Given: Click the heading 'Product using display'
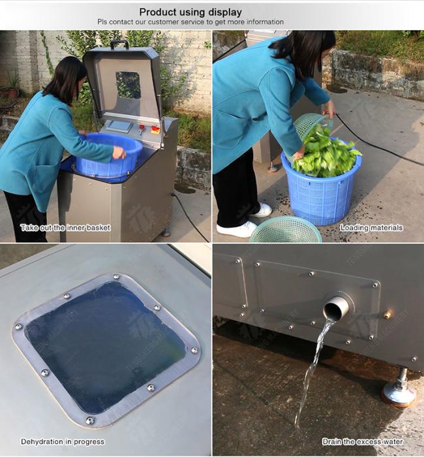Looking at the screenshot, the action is click(x=190, y=12).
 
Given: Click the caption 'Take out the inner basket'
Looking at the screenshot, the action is click(x=65, y=228).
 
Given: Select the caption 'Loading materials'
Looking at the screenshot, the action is click(x=372, y=228).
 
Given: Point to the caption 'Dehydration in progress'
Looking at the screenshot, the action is click(x=63, y=441).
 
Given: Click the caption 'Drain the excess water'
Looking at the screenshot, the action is click(x=363, y=441).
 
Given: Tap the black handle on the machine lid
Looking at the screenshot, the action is click(x=119, y=44).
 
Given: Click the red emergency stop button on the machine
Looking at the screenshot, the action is click(x=155, y=129).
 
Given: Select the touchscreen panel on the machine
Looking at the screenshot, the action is click(x=119, y=126).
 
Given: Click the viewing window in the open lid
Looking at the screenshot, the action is click(x=128, y=85).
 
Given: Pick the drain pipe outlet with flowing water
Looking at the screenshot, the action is click(x=337, y=307).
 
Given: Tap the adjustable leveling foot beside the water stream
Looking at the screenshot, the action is click(x=399, y=388).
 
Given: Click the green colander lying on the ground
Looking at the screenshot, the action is click(x=286, y=230).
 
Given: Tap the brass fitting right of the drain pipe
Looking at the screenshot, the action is click(x=387, y=315).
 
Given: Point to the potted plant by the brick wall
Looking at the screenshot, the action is click(x=12, y=86).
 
